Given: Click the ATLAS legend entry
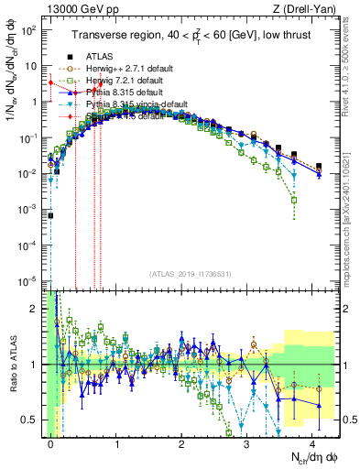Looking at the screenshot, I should click(99, 56).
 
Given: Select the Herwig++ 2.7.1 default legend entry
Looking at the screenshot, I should click(123, 69).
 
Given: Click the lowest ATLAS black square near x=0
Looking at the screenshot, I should click(51, 215).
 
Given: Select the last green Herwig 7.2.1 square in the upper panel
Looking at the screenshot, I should click(294, 199).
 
